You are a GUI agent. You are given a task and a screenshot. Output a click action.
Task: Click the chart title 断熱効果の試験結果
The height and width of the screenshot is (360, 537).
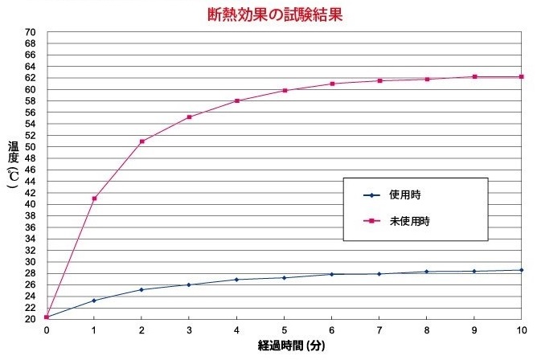coord(275,14)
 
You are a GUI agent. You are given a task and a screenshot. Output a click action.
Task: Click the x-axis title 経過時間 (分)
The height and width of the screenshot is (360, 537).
coord(292,346)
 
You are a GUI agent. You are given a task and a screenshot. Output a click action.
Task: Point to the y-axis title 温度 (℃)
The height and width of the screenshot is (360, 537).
coord(14,165)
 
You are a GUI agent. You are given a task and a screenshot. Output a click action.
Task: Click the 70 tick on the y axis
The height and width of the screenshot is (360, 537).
coord(30,32)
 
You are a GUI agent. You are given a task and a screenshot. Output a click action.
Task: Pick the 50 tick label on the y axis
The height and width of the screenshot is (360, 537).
coord(30,147)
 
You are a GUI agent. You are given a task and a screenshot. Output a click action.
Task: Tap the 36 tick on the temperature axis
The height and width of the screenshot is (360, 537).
coord(30,227)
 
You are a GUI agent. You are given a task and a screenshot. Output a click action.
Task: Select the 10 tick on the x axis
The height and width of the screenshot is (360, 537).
coord(522,330)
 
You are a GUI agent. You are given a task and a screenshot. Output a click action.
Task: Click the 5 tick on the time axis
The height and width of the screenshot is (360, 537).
coord(285,330)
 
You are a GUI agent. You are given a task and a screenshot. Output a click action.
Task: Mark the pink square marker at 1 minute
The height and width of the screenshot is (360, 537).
coord(95,198)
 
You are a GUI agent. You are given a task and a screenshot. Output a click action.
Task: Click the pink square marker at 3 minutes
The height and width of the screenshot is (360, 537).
coord(190,117)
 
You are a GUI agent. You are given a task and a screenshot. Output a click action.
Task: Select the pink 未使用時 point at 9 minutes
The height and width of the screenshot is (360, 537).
coord(474,76)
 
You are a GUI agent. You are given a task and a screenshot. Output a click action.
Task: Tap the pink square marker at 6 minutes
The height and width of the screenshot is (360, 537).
coord(332,84)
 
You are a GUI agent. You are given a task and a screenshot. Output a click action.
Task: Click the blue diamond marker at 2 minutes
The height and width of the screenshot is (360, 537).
coord(141,290)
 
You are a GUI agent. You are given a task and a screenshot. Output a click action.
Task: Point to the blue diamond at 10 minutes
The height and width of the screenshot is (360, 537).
coord(522,270)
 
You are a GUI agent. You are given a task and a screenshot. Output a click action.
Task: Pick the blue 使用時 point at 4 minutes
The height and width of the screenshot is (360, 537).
coord(236,280)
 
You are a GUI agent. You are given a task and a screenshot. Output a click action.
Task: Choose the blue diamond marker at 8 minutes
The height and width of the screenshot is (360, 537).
coord(426,272)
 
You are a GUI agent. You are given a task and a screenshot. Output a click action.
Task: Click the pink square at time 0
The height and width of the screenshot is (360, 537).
coord(47,317)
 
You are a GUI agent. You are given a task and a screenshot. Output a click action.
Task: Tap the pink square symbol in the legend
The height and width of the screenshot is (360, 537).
coord(371,221)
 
